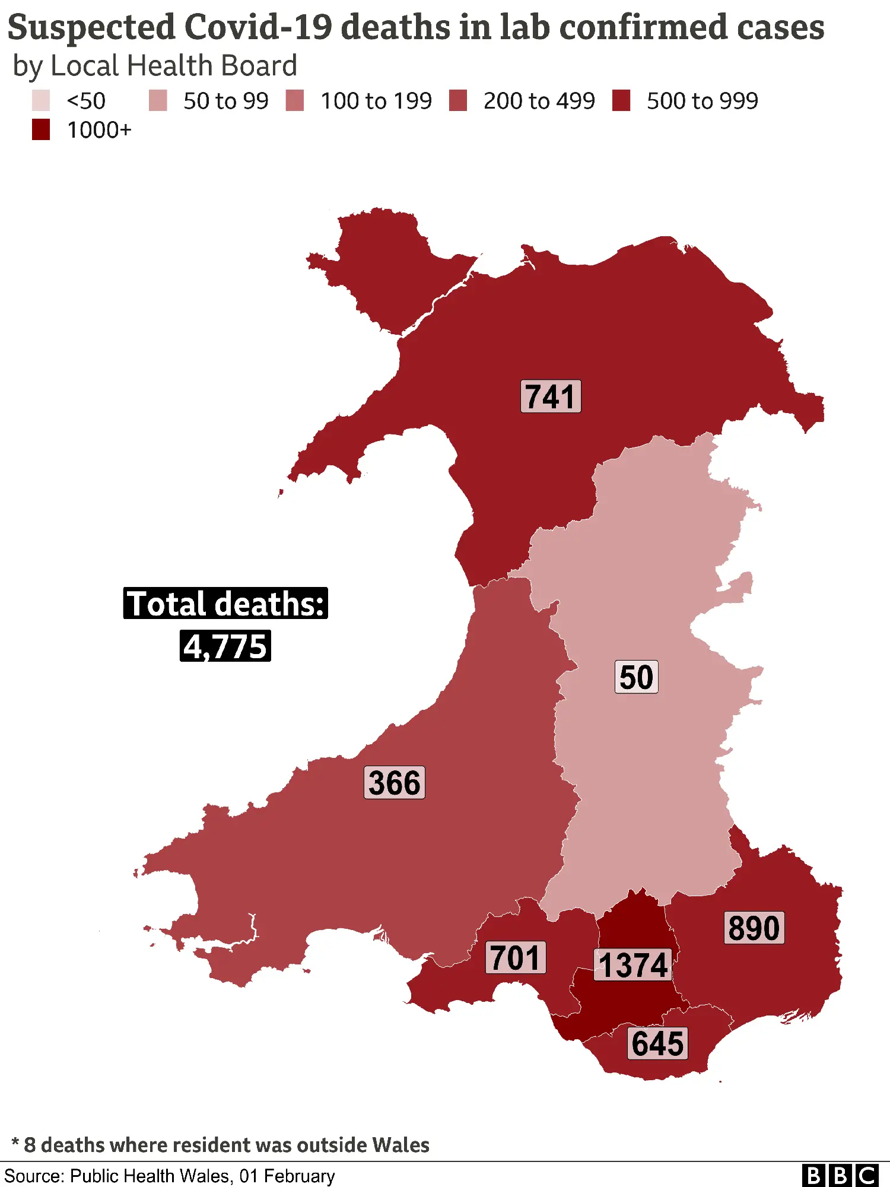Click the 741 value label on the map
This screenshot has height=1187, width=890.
tap(551, 396)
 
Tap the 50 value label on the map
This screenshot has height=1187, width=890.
tap(636, 677)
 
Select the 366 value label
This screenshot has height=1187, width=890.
tap(395, 783)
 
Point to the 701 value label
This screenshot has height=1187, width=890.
tap(516, 958)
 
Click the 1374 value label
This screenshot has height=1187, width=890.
tap(633, 965)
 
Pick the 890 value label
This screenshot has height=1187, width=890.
tap(754, 928)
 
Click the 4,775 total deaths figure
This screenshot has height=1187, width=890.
tap(225, 646)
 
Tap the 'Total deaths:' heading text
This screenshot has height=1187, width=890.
tap(225, 604)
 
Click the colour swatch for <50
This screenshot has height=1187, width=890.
tap(41, 101)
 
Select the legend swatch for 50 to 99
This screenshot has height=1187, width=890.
tap(158, 101)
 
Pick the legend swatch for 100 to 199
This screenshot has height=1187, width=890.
tap(295, 101)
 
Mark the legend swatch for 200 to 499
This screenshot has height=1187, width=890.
tap(458, 101)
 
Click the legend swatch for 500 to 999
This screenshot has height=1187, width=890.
tap(621, 101)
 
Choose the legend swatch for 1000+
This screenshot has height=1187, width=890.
tap(41, 130)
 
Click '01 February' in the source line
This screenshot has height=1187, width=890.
tap(287, 1176)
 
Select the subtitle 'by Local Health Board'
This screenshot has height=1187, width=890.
tap(155, 66)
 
